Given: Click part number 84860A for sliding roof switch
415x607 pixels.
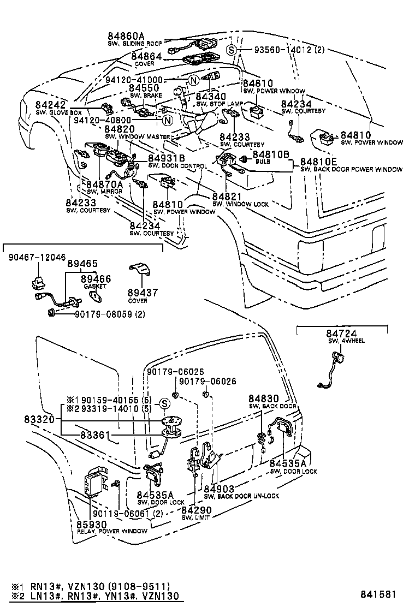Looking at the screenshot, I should tap(126, 37).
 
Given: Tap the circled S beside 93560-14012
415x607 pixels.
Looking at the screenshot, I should tap(232, 50).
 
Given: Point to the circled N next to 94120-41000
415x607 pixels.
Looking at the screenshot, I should tap(193, 80).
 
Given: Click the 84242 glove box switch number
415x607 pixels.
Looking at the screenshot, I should tap(51, 105).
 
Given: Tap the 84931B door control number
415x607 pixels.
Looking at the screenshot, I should tap(167, 159).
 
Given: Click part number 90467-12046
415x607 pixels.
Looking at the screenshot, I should tap(37, 257).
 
